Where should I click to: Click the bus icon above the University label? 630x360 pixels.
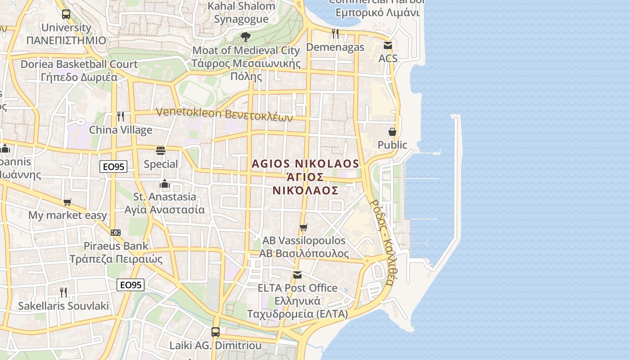[66, 14]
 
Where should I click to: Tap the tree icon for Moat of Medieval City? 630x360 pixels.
[246, 36]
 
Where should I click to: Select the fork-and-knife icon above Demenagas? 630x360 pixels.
[335, 33]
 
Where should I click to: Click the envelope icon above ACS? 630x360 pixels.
[388, 45]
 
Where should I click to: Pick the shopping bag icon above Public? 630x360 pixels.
[392, 132]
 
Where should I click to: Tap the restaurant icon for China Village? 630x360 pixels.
[121, 117]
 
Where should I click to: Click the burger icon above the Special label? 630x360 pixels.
[161, 150]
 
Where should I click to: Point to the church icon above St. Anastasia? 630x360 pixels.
[165, 184]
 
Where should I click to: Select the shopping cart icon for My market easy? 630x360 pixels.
[67, 202]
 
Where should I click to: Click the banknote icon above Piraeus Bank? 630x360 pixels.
[116, 233]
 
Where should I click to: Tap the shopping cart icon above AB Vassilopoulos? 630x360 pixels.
[304, 227]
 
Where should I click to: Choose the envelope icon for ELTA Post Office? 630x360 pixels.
[297, 274]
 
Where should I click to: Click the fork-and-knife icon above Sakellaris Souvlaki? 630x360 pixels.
[63, 292]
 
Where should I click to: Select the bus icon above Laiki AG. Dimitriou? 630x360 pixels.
[216, 332]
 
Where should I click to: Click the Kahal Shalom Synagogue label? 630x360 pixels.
[242, 13]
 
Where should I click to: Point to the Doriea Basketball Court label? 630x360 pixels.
[79, 64]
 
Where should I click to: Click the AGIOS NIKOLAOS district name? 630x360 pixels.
[306, 164]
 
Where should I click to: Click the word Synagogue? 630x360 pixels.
[241, 19]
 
